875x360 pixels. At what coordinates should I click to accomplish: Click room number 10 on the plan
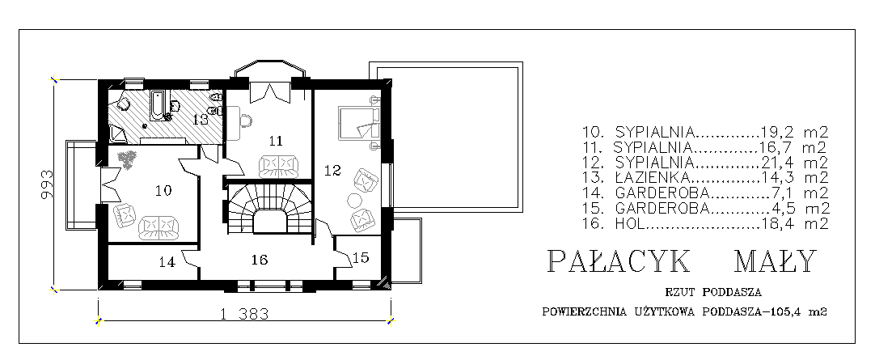163,191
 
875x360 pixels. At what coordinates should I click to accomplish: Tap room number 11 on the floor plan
276,141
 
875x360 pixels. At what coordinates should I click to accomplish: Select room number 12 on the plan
332,170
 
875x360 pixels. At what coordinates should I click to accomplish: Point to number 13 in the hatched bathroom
201,119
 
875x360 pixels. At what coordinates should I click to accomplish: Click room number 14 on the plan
167,261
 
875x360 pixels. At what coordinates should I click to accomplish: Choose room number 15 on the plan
361,257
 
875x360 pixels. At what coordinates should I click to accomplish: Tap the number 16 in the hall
260,260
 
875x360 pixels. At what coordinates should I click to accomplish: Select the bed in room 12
359,123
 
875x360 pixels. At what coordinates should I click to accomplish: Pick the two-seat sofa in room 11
278,166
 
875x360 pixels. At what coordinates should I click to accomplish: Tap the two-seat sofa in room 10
159,227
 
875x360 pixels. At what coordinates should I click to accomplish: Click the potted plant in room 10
129,159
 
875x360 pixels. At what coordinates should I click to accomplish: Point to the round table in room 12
354,200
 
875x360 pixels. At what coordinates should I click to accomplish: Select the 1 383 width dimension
245,314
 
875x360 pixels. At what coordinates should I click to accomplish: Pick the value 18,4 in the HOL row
778,224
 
